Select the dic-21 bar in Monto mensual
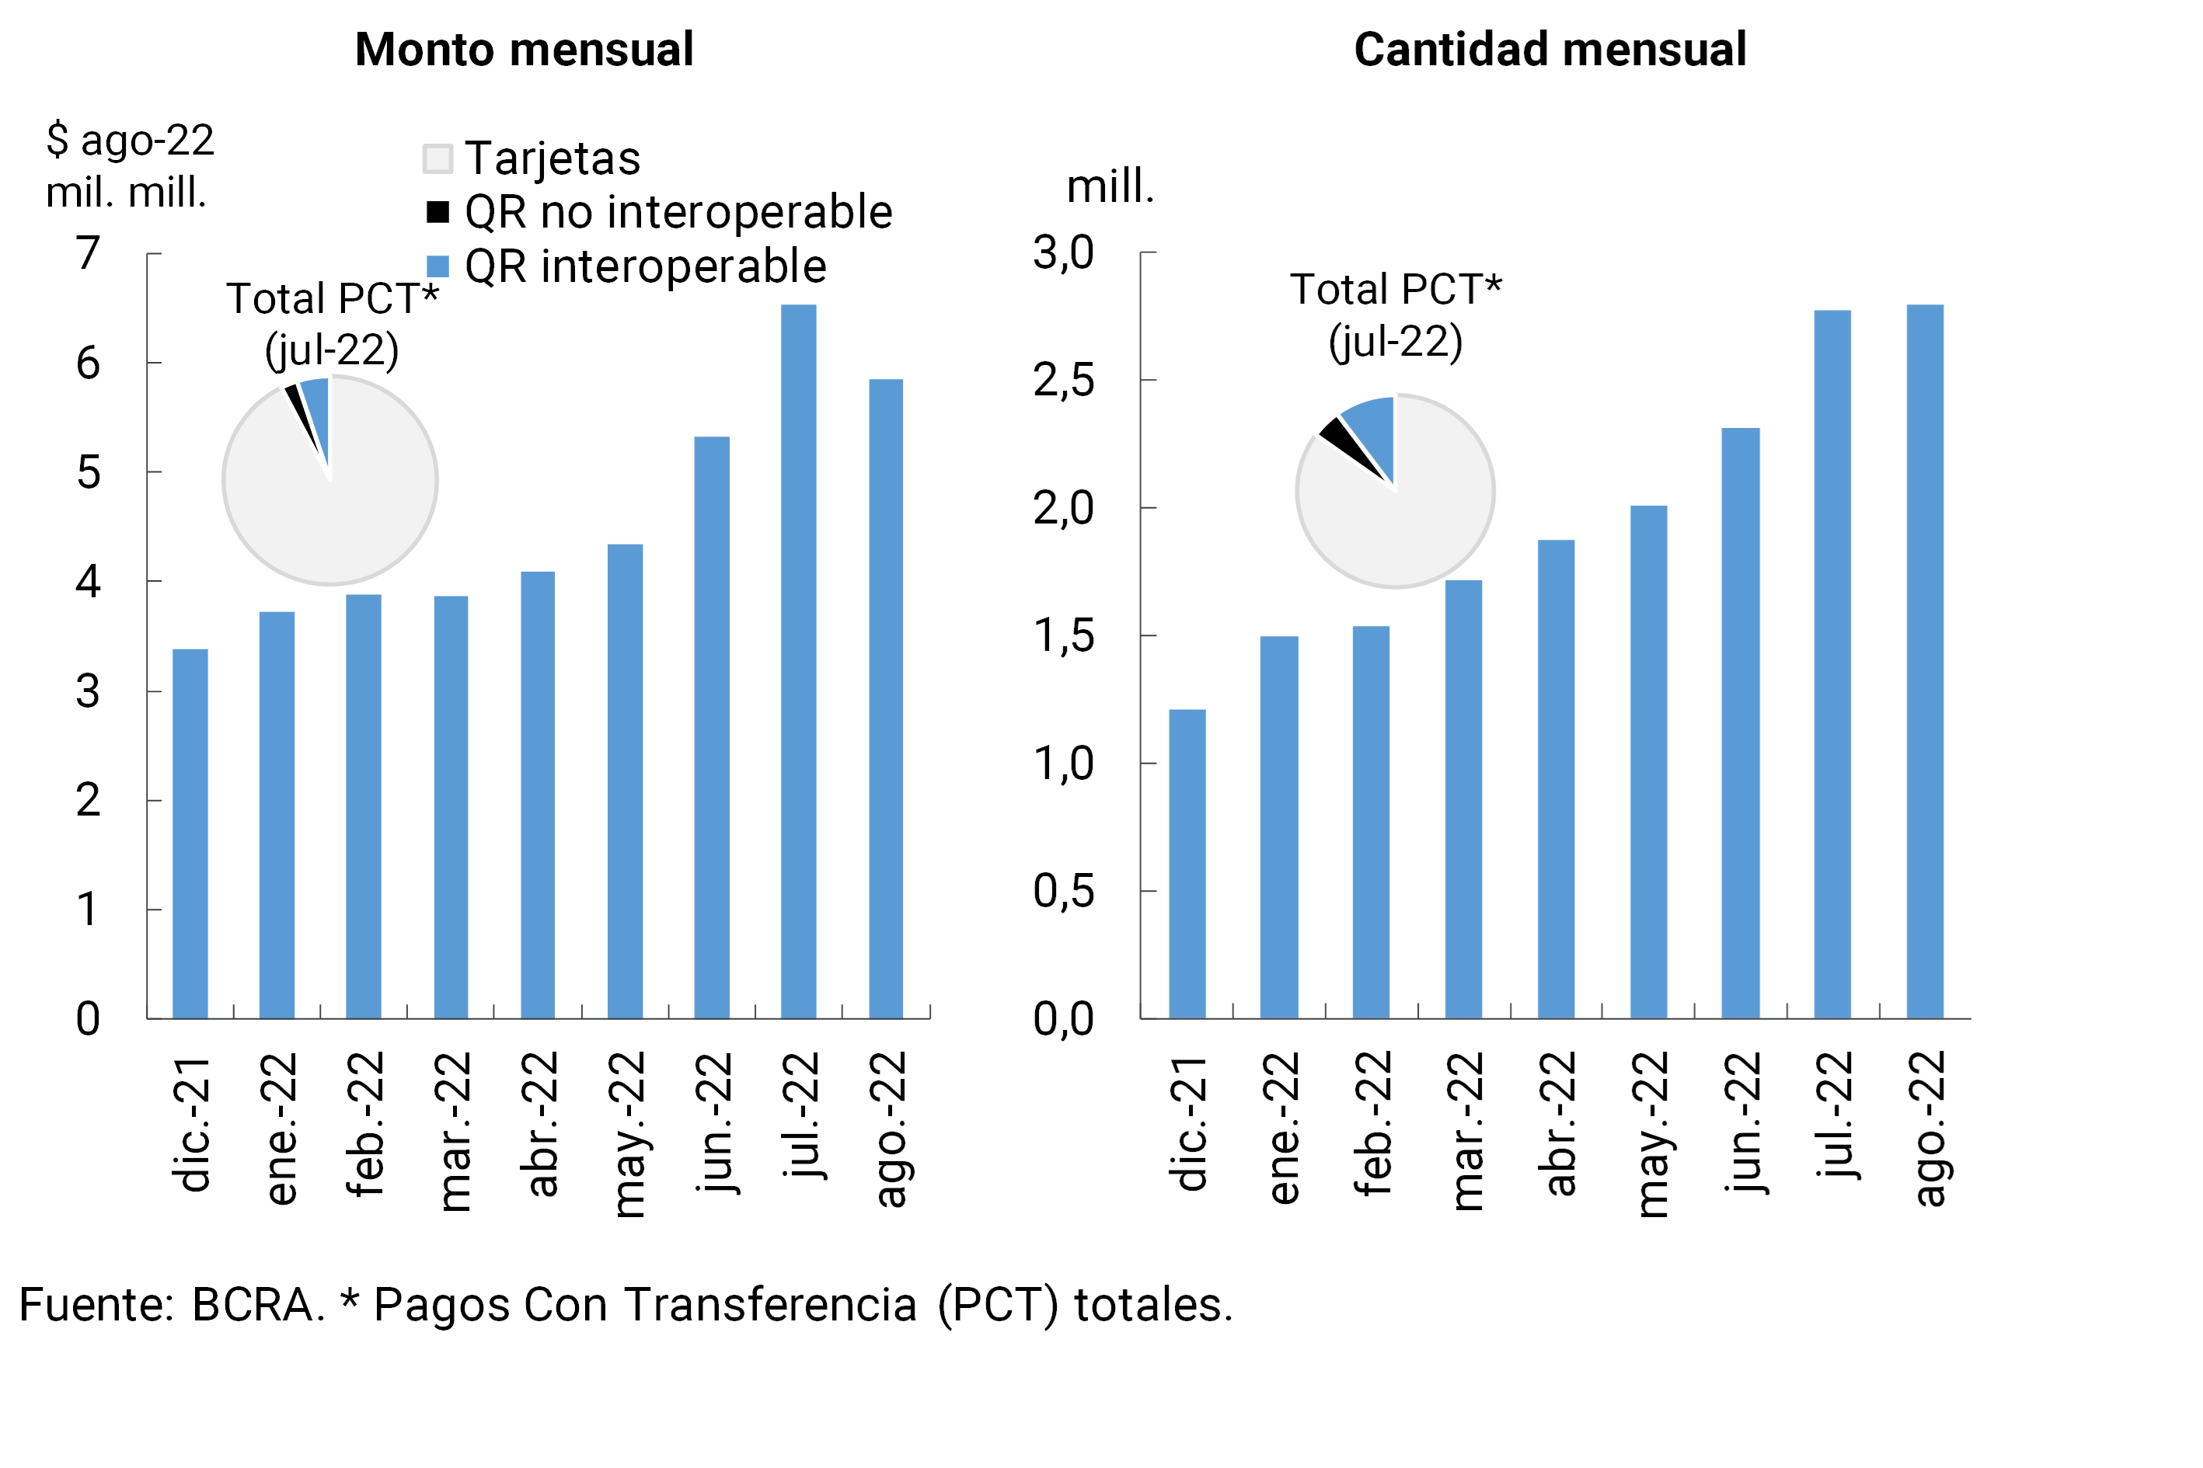tap(190, 833)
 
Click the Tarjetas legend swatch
tap(437, 158)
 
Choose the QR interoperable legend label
tap(645, 267)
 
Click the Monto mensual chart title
tap(524, 50)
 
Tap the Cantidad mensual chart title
tap(1550, 50)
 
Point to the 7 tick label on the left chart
tap(88, 252)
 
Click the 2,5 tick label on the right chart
tap(1063, 380)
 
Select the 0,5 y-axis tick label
tap(1063, 890)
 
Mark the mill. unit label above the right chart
tap(1110, 186)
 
